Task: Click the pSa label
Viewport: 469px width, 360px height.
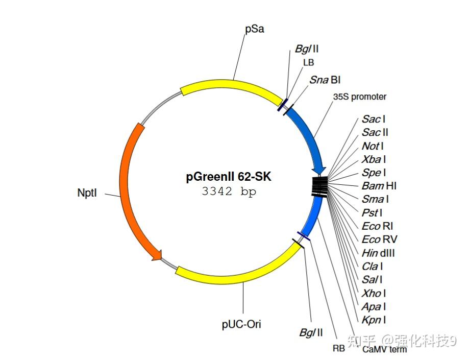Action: pos(255,29)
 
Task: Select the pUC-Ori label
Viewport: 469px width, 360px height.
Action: pos(241,323)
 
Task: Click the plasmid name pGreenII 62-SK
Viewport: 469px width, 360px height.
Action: pos(228,177)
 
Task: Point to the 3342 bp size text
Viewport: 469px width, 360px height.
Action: pos(229,192)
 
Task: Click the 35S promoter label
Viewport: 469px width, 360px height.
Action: pos(360,97)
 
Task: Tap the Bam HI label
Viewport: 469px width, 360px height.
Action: pos(379,186)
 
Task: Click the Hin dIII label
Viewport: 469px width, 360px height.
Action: pos(378,253)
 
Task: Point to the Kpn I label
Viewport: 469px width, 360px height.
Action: pos(374,320)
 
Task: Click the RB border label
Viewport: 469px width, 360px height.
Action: pos(338,348)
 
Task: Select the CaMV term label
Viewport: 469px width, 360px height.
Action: pos(384,349)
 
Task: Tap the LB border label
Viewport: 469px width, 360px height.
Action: pos(308,62)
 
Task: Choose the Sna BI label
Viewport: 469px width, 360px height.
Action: pos(325,80)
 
